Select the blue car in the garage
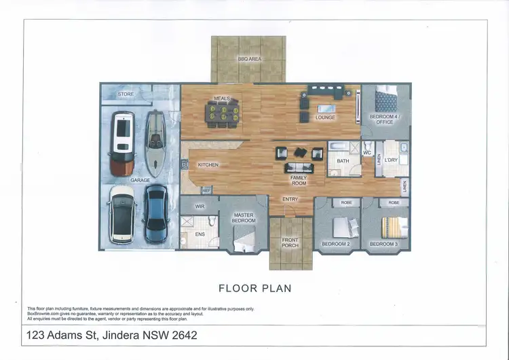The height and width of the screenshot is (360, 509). [155, 214]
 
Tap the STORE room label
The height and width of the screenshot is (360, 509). [126, 94]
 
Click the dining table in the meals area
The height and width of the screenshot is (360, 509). [223, 113]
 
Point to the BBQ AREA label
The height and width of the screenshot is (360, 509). [249, 59]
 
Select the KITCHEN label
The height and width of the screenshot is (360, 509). [208, 165]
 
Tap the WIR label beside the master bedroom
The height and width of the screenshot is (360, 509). [200, 206]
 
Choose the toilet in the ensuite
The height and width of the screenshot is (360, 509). [212, 222]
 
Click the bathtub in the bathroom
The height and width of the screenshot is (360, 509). [337, 147]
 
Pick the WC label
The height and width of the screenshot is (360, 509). [366, 154]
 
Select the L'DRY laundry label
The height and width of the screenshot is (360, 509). [390, 160]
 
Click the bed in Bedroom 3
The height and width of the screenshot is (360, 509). [394, 227]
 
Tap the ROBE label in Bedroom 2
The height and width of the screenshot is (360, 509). [346, 202]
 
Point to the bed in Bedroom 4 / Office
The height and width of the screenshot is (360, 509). [386, 101]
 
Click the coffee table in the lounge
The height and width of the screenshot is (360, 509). [326, 109]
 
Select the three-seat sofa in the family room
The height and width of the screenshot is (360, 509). [298, 168]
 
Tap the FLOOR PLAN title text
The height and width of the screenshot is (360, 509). [254, 288]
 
